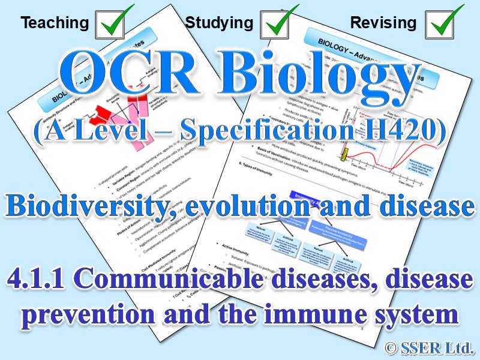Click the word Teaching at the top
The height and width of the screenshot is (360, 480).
click(x=54, y=23)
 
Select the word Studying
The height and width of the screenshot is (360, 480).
click(x=219, y=23)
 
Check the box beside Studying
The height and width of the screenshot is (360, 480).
click(x=277, y=23)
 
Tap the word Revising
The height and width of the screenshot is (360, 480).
click(x=383, y=23)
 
